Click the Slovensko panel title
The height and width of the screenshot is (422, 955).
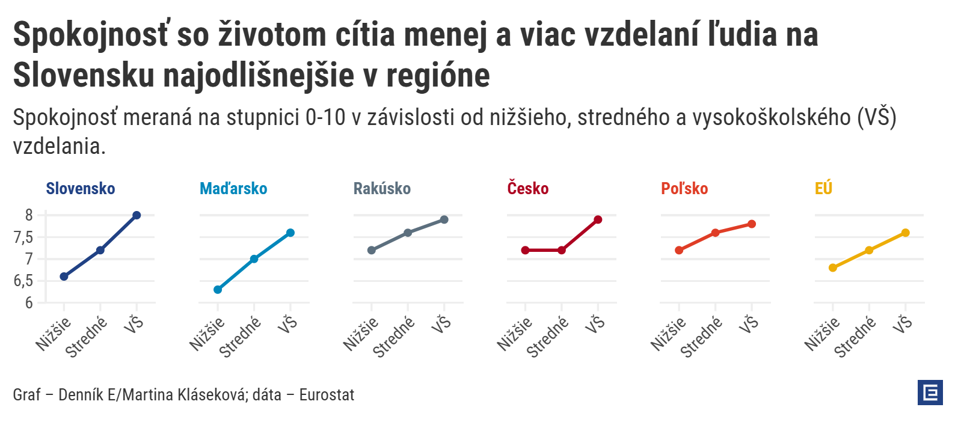pos(81,189)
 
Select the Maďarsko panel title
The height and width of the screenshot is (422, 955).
pos(233,189)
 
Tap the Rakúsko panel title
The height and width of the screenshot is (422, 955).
pos(382,189)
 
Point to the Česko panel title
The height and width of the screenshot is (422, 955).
pos(528,189)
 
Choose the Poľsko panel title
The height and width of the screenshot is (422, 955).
pos(684,189)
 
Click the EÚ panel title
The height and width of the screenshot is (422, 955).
pos(823,189)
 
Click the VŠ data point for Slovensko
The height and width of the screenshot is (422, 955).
pos(137,215)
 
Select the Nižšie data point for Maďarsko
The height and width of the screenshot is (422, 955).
pos(218,290)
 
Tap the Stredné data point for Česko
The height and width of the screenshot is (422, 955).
pos(562,250)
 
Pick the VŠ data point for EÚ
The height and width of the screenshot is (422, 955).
pos(906,233)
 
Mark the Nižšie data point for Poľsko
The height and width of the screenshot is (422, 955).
pos(679,250)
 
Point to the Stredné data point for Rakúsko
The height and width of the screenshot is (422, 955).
pos(408,233)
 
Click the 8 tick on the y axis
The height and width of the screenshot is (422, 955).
pos(29,215)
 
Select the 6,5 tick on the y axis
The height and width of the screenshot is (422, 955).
pos(23,281)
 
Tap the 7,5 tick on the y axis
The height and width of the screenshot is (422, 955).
pos(23,237)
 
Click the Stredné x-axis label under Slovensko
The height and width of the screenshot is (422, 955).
pos(86,337)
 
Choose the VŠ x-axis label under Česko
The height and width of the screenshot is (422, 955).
pos(595,325)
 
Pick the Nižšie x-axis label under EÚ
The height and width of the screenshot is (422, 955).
pos(822,334)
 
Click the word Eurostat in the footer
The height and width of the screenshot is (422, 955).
pos(327,395)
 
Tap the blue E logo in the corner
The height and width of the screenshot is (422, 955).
pos(930,393)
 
